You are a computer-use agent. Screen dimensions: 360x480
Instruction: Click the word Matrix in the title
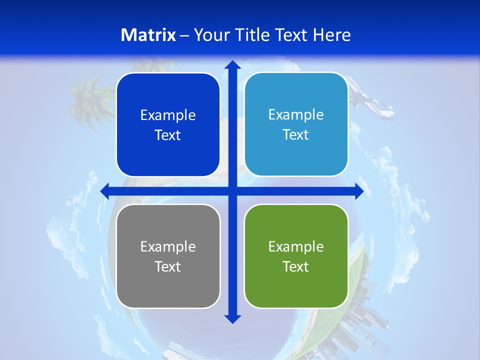[x=148, y=35]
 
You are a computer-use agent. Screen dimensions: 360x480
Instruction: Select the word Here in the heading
[x=332, y=35]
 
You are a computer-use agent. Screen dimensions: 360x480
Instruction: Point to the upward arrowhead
[x=232, y=65]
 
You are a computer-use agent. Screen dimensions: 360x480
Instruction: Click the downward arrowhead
[x=232, y=318]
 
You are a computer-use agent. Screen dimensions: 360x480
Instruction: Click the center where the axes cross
[x=232, y=191]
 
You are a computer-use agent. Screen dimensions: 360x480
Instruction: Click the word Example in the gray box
[x=168, y=246]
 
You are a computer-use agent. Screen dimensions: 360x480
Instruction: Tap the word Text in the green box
[x=296, y=266]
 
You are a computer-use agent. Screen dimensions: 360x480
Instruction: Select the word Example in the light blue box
[x=296, y=114]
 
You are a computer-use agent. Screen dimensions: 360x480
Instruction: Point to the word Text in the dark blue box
[x=168, y=135]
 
